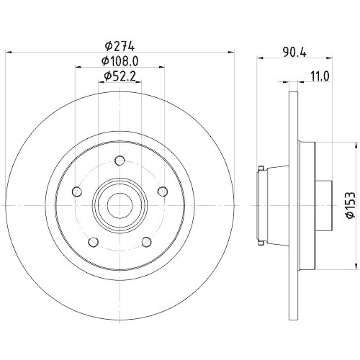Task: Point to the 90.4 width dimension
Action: tap(292, 52)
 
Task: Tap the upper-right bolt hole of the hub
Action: tap(163, 191)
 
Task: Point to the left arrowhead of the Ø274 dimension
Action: tap(9, 51)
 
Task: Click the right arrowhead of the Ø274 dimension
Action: tap(233, 51)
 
